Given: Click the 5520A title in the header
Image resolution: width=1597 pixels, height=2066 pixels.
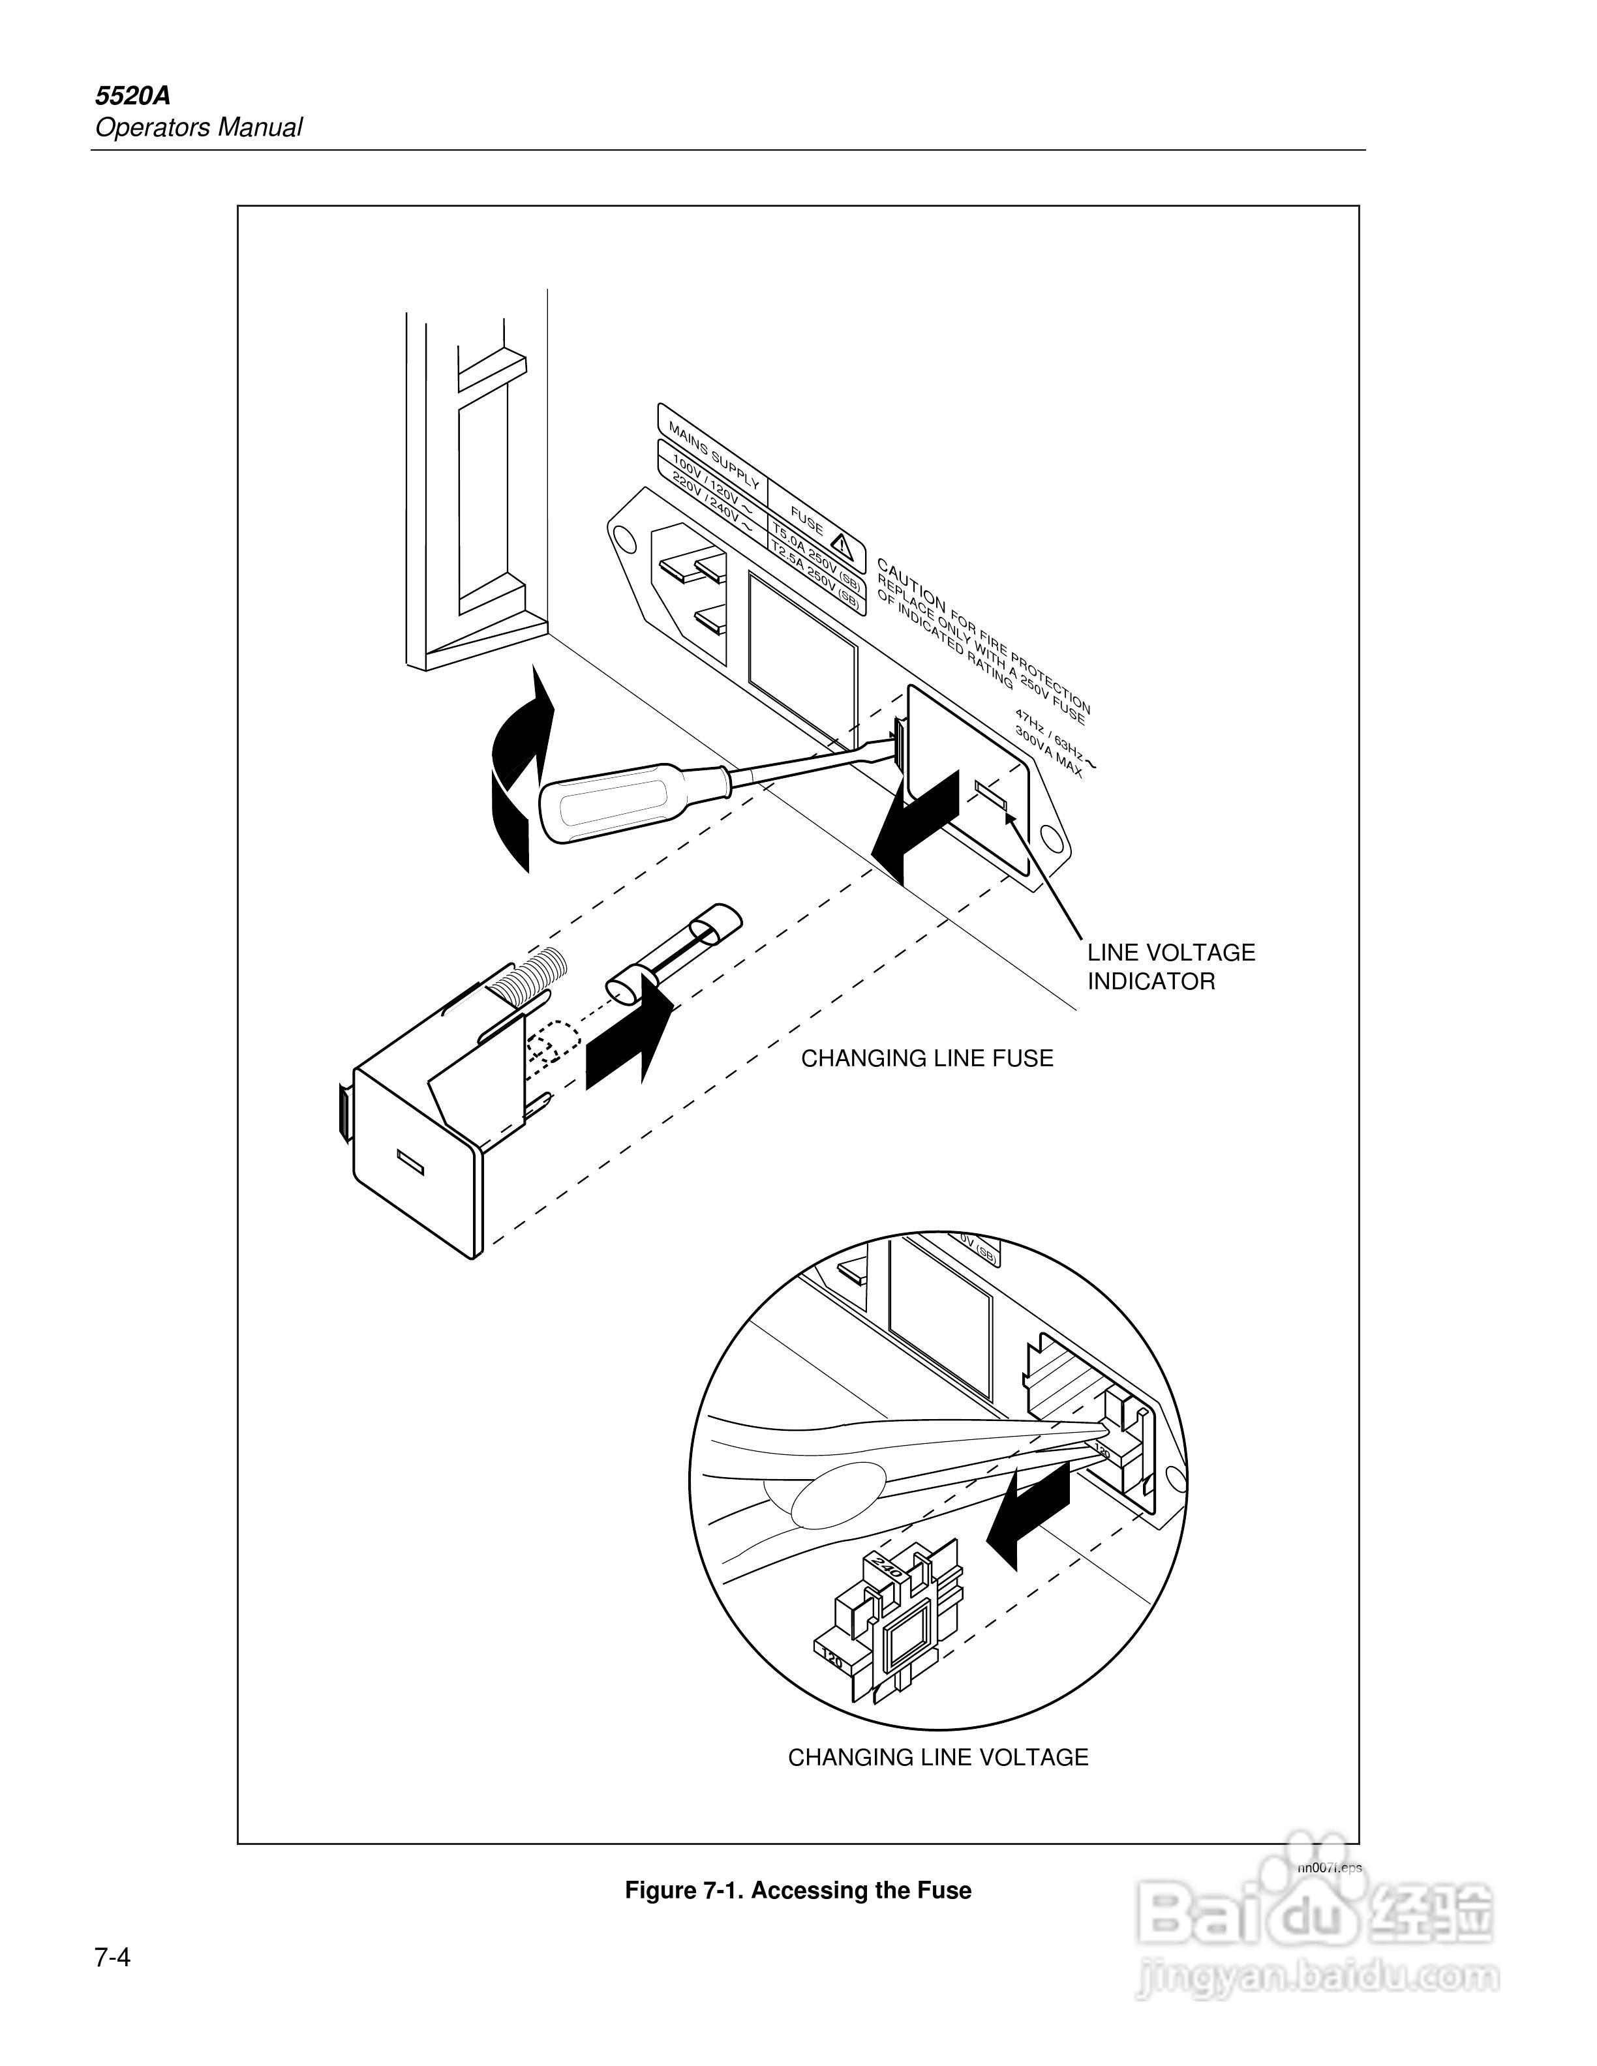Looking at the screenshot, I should tap(132, 97).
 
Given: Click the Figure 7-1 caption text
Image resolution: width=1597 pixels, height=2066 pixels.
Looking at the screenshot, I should tap(798, 1890).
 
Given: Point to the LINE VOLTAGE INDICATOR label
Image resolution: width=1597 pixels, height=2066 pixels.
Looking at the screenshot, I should tap(1170, 966).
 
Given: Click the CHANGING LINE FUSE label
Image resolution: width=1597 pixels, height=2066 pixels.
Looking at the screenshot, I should tap(926, 1058).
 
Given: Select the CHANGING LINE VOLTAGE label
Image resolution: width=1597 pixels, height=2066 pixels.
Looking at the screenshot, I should tap(937, 1757).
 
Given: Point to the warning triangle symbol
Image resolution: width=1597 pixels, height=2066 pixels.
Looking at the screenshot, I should tap(842, 546).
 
